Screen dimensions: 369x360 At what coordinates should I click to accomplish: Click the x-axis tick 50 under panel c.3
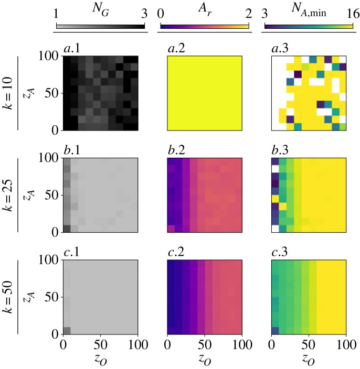[308, 345]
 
